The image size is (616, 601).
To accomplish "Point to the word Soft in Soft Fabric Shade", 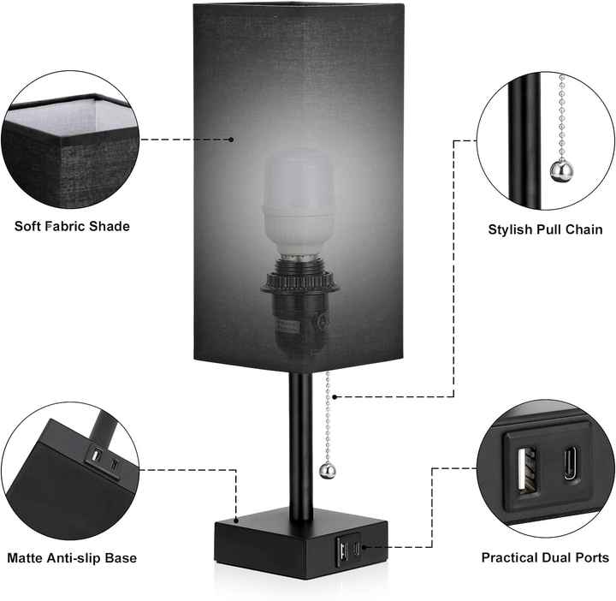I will [30, 227].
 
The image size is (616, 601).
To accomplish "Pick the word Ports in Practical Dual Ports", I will [590, 558].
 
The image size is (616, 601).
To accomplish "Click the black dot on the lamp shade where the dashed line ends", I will [231, 138].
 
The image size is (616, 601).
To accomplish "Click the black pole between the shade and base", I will [299, 445].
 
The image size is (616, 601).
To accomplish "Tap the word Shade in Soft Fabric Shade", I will [112, 227].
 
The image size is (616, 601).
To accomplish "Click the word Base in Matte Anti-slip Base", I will [121, 558].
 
